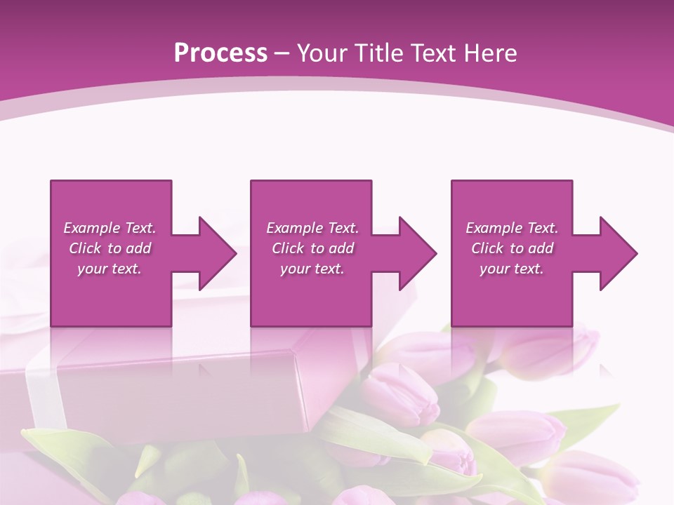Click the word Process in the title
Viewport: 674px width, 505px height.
(x=220, y=53)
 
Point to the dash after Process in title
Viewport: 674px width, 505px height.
(x=282, y=53)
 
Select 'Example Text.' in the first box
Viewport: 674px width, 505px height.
(x=110, y=228)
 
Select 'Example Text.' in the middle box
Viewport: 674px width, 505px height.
(x=312, y=228)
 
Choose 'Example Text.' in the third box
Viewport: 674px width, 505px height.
(x=512, y=228)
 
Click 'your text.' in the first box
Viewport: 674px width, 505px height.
(x=110, y=269)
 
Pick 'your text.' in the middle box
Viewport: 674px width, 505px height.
(x=312, y=269)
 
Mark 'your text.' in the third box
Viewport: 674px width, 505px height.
(x=512, y=269)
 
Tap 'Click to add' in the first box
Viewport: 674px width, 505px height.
(x=110, y=248)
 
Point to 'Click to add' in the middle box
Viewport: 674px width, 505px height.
(x=312, y=248)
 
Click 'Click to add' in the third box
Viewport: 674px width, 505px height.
(x=512, y=248)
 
